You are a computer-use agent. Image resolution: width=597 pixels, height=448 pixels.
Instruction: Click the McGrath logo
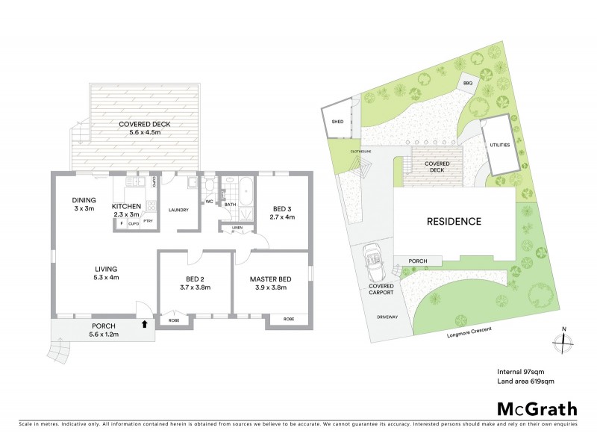tap(537, 408)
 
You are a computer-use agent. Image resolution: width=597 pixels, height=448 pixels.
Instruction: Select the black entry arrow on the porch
tap(143, 323)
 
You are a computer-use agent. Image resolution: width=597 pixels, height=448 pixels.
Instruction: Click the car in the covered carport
tap(372, 261)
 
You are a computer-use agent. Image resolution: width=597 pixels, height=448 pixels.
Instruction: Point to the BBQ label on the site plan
tap(468, 84)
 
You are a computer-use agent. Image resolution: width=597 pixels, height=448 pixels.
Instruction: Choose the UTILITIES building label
tap(500, 145)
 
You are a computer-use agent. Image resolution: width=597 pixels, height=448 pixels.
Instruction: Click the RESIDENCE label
tap(454, 221)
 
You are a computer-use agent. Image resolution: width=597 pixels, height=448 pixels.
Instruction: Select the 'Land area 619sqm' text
tap(525, 381)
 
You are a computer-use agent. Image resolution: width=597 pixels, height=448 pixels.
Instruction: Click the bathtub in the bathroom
tap(243, 185)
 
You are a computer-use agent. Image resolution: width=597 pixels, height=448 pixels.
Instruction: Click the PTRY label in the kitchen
tap(149, 222)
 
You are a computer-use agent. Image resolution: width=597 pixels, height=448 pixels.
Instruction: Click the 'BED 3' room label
tap(281, 208)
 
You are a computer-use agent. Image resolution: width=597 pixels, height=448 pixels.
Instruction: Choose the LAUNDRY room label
tap(178, 209)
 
